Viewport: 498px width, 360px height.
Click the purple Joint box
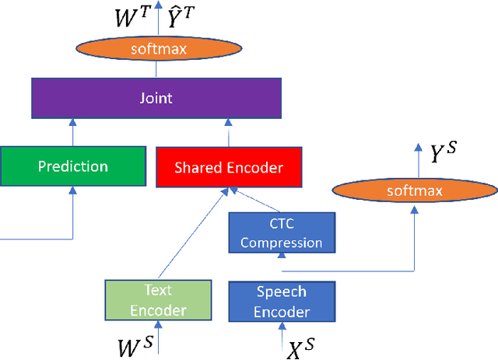tap(156, 100)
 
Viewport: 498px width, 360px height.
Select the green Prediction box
tap(72, 166)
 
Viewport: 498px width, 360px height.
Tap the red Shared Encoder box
tap(228, 168)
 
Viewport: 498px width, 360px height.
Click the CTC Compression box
tap(281, 233)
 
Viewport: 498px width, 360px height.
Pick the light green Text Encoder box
tap(157, 300)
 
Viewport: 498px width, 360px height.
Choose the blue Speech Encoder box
tap(281, 302)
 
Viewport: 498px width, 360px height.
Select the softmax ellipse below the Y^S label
tap(414, 190)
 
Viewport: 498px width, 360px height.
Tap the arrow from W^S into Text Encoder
tap(158, 337)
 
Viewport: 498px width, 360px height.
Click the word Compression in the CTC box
tap(281, 243)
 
